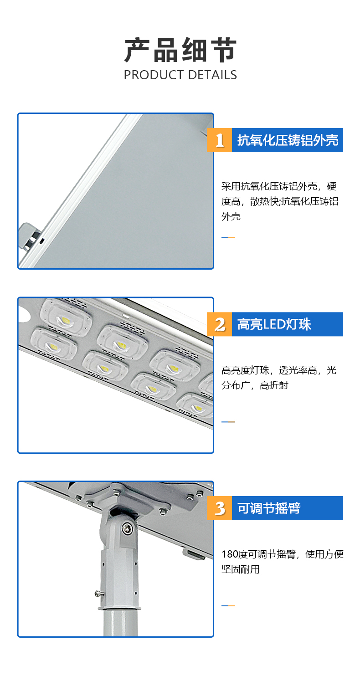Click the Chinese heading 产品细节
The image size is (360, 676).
[x=180, y=50]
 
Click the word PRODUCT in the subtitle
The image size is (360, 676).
[x=154, y=75]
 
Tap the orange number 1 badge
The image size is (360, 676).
[x=219, y=140]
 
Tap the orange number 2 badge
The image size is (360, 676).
[x=219, y=324]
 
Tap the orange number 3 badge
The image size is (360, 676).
[x=219, y=508]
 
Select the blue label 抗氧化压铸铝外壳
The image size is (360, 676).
[x=288, y=140]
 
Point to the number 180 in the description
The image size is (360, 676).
[x=228, y=554]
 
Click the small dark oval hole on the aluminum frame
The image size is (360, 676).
[x=42, y=241]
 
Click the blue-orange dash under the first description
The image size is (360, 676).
[x=228, y=238]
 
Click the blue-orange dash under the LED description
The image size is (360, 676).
[x=228, y=422]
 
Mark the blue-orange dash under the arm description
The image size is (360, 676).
[x=228, y=606]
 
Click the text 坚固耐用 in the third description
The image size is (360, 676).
[x=241, y=569]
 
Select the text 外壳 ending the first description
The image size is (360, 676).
[x=231, y=216]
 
